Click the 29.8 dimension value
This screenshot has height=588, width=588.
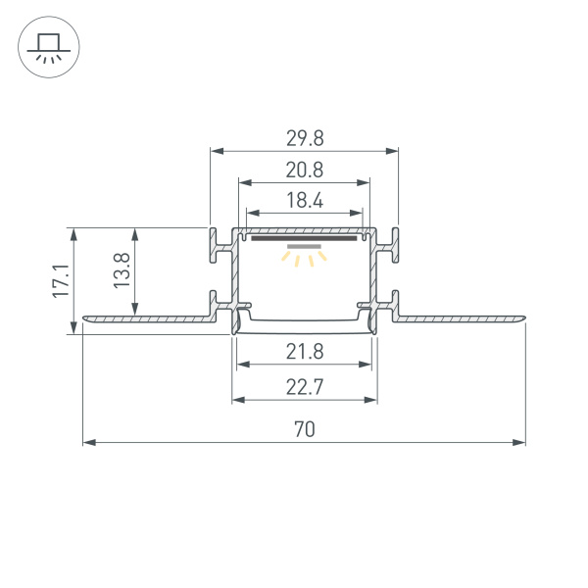tap(305, 137)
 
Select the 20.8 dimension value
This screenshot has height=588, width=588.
tap(305, 170)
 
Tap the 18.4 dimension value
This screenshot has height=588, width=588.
tap(305, 201)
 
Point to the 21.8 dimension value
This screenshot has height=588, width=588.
tap(305, 352)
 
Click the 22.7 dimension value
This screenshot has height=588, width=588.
tap(305, 387)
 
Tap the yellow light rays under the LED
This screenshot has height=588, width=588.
tap(304, 259)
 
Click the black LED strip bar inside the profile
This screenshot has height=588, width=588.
tap(304, 236)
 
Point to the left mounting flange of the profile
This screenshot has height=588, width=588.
tap(147, 318)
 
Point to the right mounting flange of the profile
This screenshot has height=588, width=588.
tap(461, 318)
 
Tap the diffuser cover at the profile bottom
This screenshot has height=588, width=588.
tap(304, 320)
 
